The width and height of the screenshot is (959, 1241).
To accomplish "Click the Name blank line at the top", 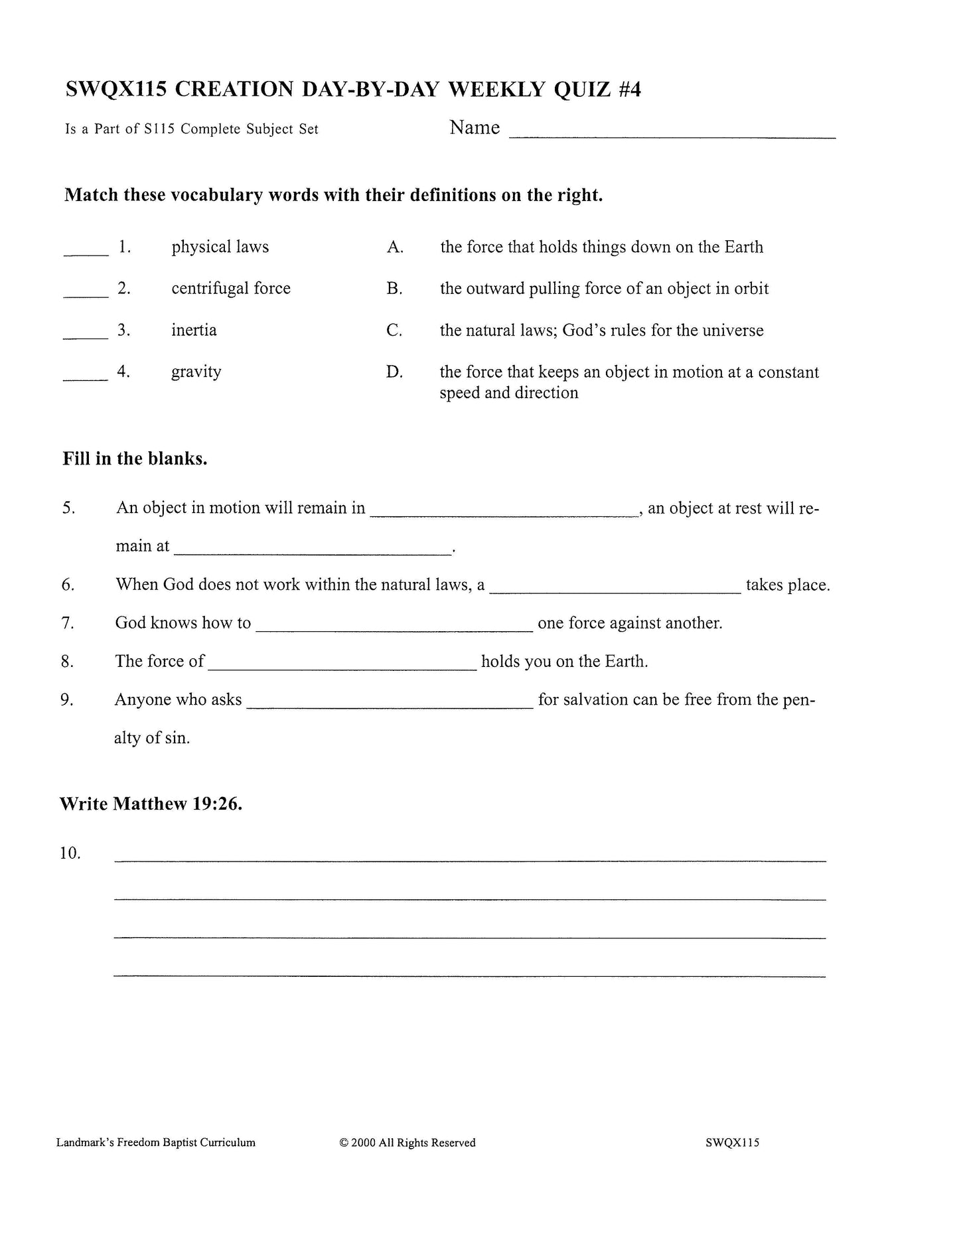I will (x=672, y=135).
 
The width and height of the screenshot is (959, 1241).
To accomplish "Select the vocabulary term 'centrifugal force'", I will (x=231, y=289).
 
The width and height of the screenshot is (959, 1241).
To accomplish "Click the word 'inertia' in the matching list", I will (x=194, y=330).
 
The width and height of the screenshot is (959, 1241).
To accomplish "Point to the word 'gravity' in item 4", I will (x=196, y=372).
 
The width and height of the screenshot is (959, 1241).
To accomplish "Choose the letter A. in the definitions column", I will (x=395, y=248).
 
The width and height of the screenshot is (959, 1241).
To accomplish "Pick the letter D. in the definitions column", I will (x=395, y=372).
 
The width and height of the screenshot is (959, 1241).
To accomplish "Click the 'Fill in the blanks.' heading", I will (x=135, y=459).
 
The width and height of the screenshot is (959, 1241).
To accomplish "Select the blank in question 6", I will (x=615, y=589).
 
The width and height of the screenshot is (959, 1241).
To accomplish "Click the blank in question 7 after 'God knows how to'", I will (x=394, y=627).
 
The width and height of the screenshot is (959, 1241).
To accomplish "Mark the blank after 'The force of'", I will (x=342, y=666).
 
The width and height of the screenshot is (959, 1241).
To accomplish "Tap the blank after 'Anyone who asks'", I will (x=390, y=704).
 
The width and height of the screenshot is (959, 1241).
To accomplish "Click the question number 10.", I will (x=70, y=853).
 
